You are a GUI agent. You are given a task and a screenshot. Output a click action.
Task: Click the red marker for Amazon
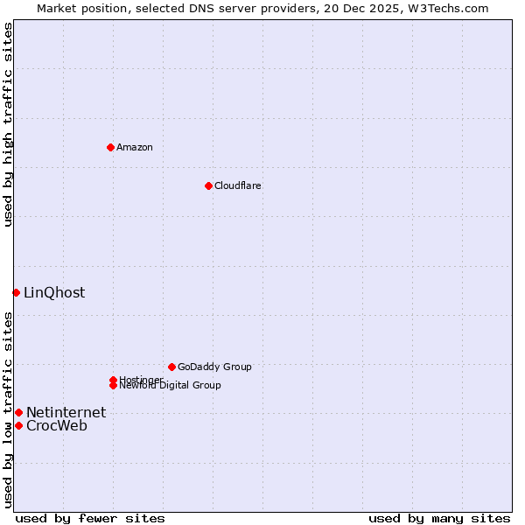tap(110, 147)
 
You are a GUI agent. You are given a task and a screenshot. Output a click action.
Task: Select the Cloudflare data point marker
tap(208, 185)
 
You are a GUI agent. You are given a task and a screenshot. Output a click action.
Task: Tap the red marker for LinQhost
tap(16, 292)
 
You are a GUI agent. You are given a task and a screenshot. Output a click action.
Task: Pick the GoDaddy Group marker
tap(171, 367)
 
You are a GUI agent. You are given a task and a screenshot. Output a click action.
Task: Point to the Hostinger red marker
tap(113, 380)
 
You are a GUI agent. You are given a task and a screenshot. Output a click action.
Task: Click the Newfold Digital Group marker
tap(113, 385)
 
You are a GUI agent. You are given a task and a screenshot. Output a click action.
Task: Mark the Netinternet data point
tap(18, 412)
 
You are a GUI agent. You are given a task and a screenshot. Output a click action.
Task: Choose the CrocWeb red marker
tap(18, 425)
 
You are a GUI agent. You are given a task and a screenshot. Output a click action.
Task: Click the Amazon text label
tap(135, 147)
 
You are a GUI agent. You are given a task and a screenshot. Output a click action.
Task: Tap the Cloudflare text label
tap(237, 185)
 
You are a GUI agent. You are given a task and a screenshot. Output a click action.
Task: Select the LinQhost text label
tap(54, 293)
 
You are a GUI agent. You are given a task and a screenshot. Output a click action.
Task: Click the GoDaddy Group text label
tap(214, 367)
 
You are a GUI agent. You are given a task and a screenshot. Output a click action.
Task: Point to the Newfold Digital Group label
tap(170, 386)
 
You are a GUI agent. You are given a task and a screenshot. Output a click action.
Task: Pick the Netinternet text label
tap(66, 413)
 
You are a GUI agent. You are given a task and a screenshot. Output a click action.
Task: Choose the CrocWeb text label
tap(57, 426)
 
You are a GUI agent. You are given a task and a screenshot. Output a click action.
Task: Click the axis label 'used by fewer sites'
tap(90, 518)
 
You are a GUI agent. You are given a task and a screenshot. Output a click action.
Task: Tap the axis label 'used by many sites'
tap(439, 518)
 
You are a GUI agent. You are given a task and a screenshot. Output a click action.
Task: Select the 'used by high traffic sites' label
tap(9, 124)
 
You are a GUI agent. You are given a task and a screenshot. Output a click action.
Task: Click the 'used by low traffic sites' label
tap(9, 409)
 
